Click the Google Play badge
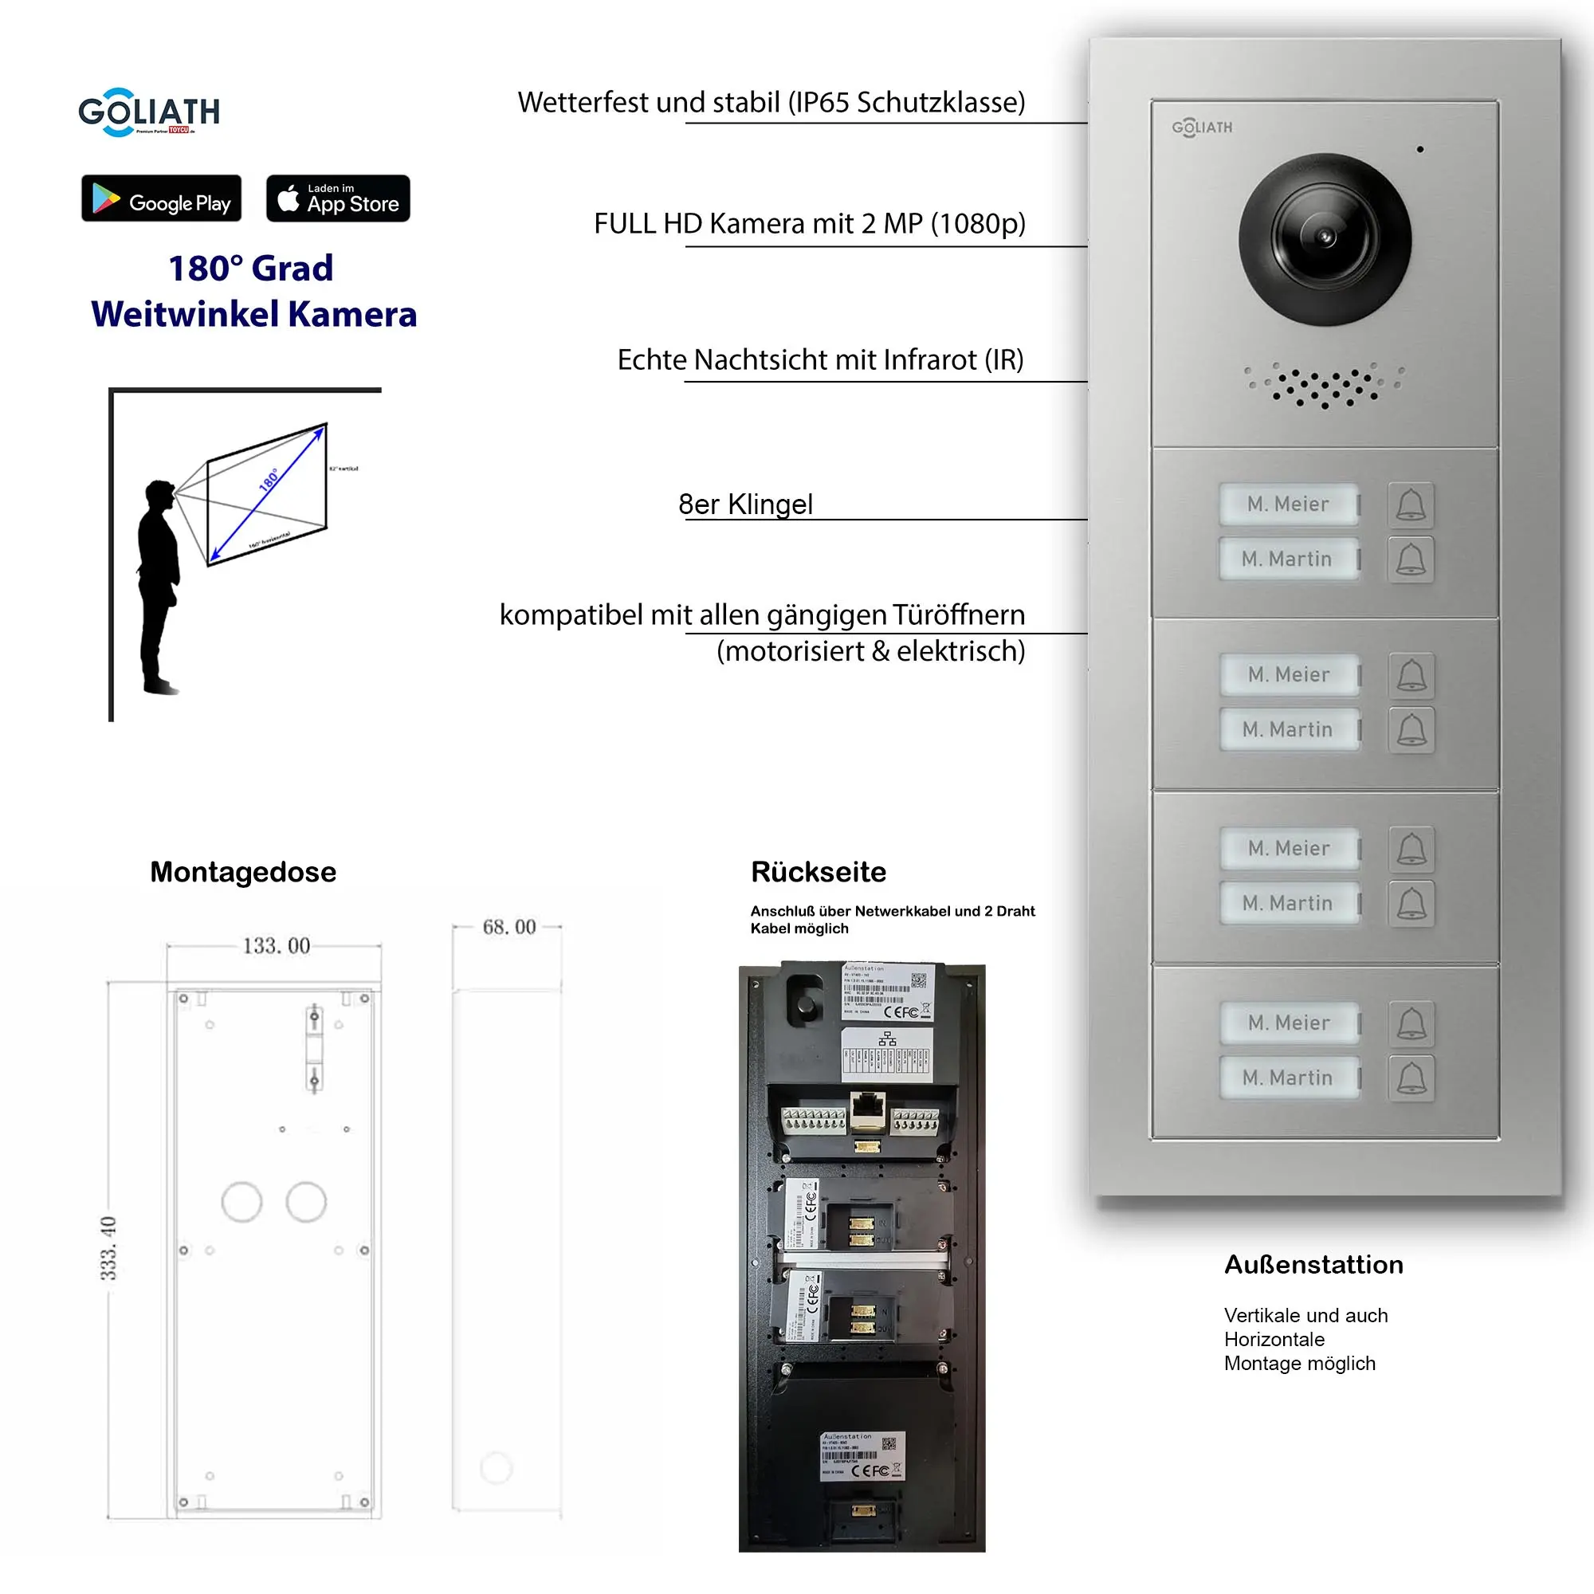(162, 198)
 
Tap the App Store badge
(337, 198)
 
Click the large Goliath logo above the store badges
(148, 112)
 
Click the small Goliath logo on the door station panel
(1202, 128)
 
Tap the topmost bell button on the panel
(1411, 505)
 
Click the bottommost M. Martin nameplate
(1289, 1078)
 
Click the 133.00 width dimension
(277, 945)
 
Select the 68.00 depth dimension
(509, 927)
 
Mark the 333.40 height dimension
(109, 1247)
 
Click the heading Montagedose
(243, 872)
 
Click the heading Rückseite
(819, 872)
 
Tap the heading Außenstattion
(1313, 1265)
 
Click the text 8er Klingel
(745, 505)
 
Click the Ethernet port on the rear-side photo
(867, 1108)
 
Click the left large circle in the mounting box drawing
(241, 1202)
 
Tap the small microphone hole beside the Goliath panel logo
(1420, 149)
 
